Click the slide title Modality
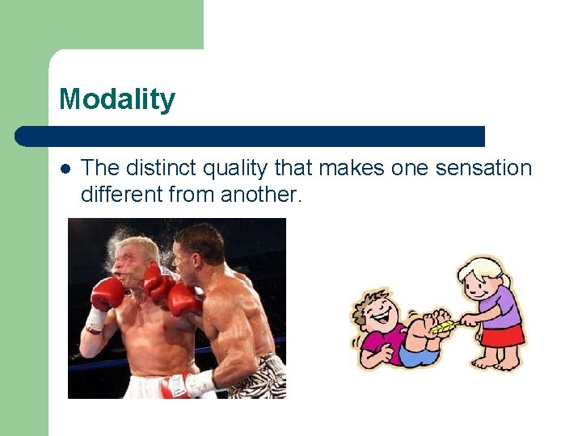click(x=117, y=100)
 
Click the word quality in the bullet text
click(x=236, y=168)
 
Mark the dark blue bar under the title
click(x=251, y=136)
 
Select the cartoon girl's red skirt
click(x=501, y=335)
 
